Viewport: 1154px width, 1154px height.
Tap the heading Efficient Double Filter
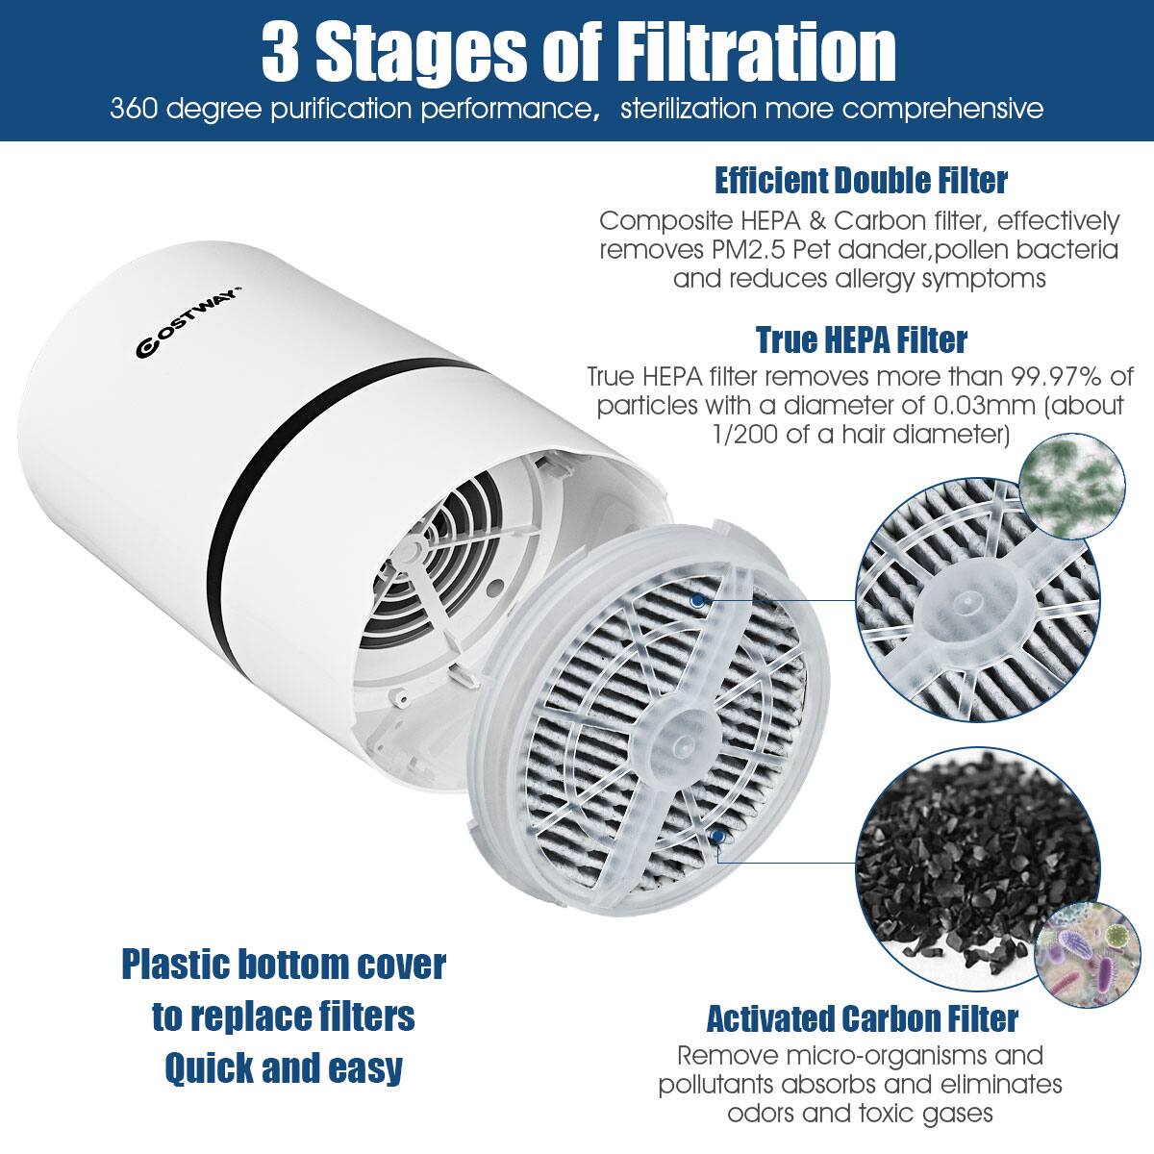point(861,180)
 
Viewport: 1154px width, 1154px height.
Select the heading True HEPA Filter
point(861,339)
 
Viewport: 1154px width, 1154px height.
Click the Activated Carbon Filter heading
point(862,1017)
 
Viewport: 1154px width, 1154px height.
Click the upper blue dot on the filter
point(696,600)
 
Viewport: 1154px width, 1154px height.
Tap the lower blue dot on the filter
point(716,838)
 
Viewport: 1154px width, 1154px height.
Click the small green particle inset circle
point(1070,479)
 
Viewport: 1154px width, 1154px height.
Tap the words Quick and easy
point(284,1068)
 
